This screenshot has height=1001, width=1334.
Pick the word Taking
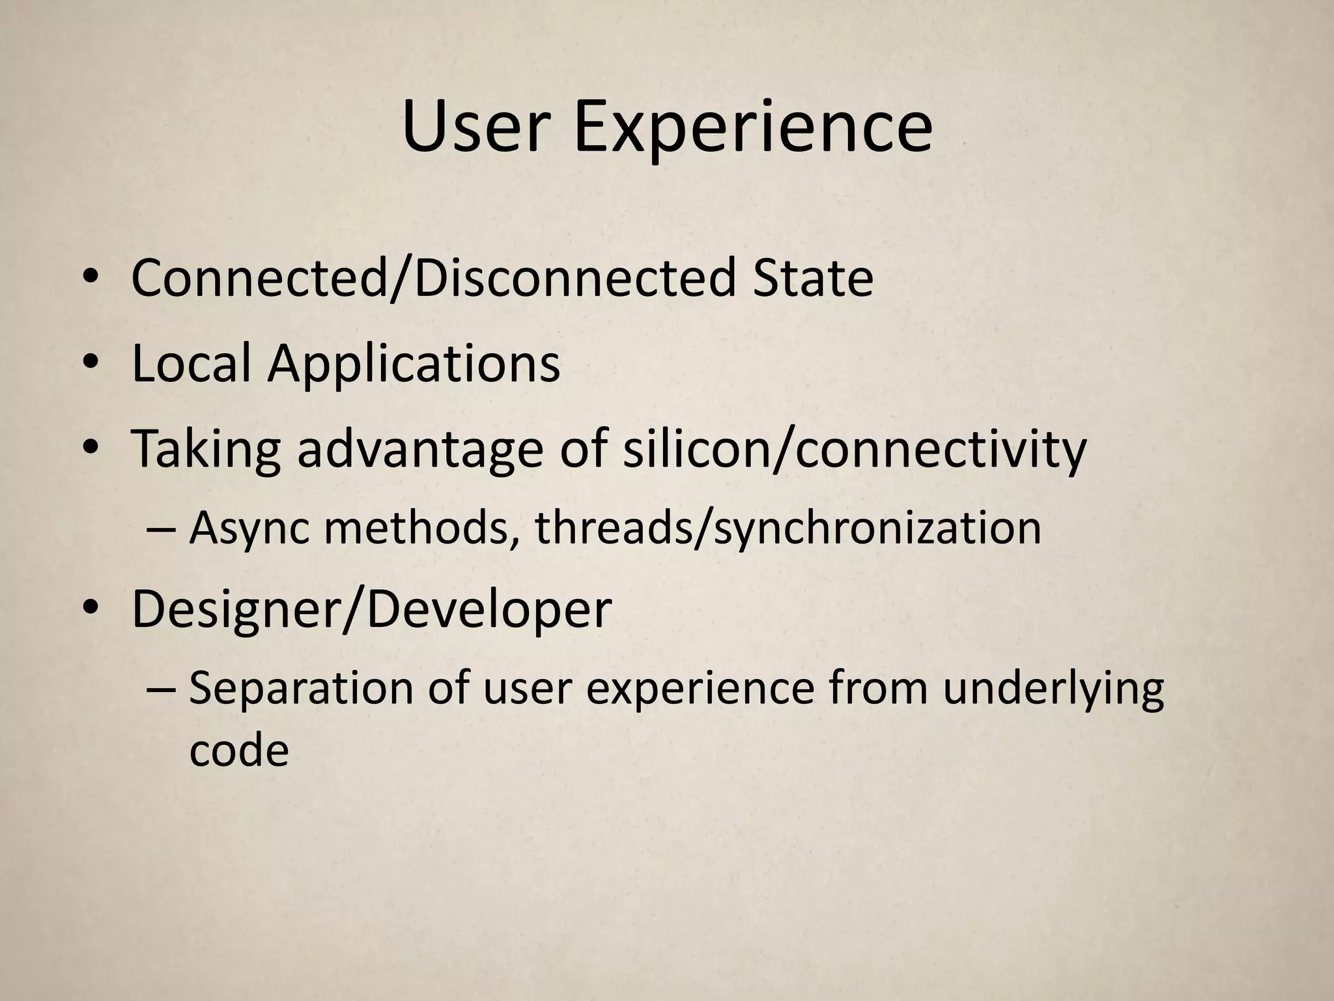pos(206,450)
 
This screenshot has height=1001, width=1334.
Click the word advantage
pos(420,450)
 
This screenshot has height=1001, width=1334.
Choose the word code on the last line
pos(238,751)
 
